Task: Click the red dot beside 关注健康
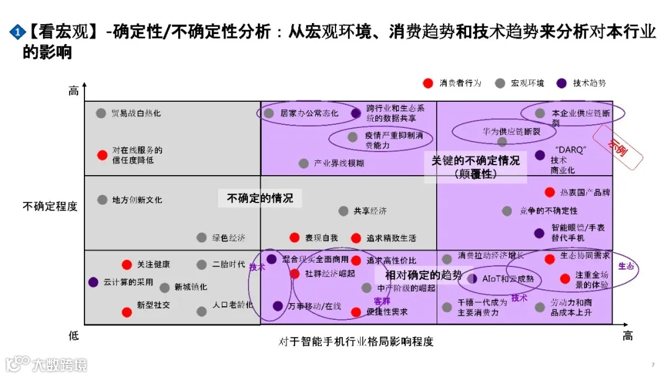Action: pos(127,265)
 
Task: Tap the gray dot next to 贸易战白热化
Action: pos(101,113)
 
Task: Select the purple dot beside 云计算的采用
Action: pos(93,282)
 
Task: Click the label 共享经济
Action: pos(370,211)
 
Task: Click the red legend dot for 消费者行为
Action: pos(427,83)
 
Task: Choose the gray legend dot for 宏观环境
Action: pos(500,83)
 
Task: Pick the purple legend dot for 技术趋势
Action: pos(562,83)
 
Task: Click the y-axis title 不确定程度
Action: pos(50,206)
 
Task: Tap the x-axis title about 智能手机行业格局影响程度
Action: pos(355,342)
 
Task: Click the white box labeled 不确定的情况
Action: pos(260,198)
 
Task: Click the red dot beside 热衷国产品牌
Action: pos(549,193)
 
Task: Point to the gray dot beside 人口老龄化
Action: pos(201,311)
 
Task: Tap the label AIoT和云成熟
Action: pos(508,279)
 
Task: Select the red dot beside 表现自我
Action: pos(295,237)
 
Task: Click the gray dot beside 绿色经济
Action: pos(201,237)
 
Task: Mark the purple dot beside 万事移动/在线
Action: pos(278,306)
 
